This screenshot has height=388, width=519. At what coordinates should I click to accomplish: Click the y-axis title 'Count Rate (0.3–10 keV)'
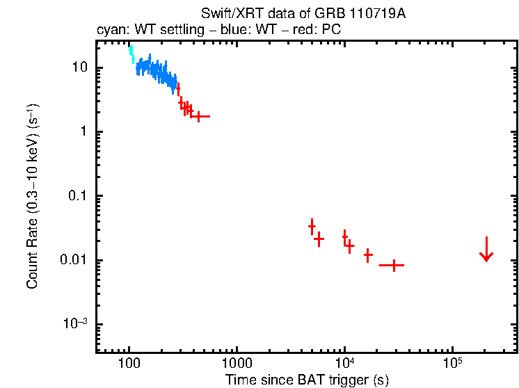(x=33, y=197)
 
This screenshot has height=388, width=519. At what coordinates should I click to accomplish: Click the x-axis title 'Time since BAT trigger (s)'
(x=306, y=380)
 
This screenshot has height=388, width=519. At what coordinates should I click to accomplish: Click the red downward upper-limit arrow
(x=486, y=250)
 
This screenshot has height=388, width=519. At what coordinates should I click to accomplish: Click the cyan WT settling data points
(x=131, y=54)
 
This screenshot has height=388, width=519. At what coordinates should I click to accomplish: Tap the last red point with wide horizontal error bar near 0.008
(x=393, y=265)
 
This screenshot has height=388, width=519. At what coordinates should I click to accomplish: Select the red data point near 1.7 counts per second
(x=199, y=116)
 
